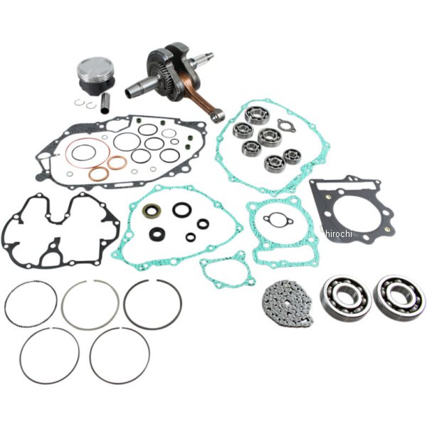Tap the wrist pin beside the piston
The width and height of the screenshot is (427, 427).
pos(105,104)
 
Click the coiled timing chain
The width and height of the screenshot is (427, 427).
pos(288,302)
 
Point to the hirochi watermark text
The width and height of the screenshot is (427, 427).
pos(339,233)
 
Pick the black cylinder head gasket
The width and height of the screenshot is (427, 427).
pos(352,209)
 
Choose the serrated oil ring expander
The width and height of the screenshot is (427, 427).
pos(31,303)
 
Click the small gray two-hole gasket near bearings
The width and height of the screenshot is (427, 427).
pos(287,125)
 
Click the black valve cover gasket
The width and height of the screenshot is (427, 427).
pos(60,231)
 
